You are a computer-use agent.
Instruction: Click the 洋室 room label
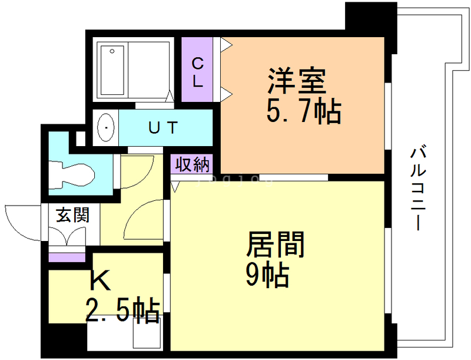(x=297, y=82)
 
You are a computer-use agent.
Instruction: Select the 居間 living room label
(x=276, y=244)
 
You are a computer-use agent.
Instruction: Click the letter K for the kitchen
(x=100, y=282)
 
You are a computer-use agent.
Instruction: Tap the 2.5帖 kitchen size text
(x=123, y=309)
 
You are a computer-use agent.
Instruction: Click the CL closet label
(x=198, y=71)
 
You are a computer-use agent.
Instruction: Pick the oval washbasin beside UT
(x=106, y=127)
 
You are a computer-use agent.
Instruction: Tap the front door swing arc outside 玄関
(x=24, y=221)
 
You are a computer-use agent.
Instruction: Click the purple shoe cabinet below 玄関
(x=67, y=257)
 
